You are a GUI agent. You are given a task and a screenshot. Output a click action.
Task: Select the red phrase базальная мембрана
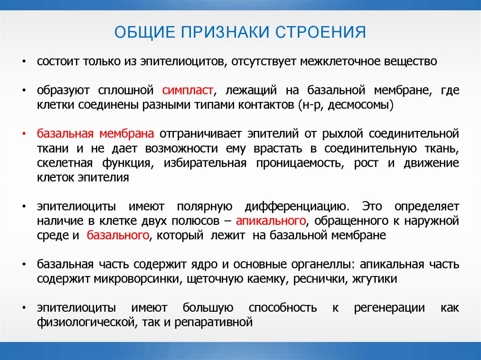pos(95,134)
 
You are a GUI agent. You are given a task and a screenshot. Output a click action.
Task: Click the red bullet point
pos(24,134)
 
